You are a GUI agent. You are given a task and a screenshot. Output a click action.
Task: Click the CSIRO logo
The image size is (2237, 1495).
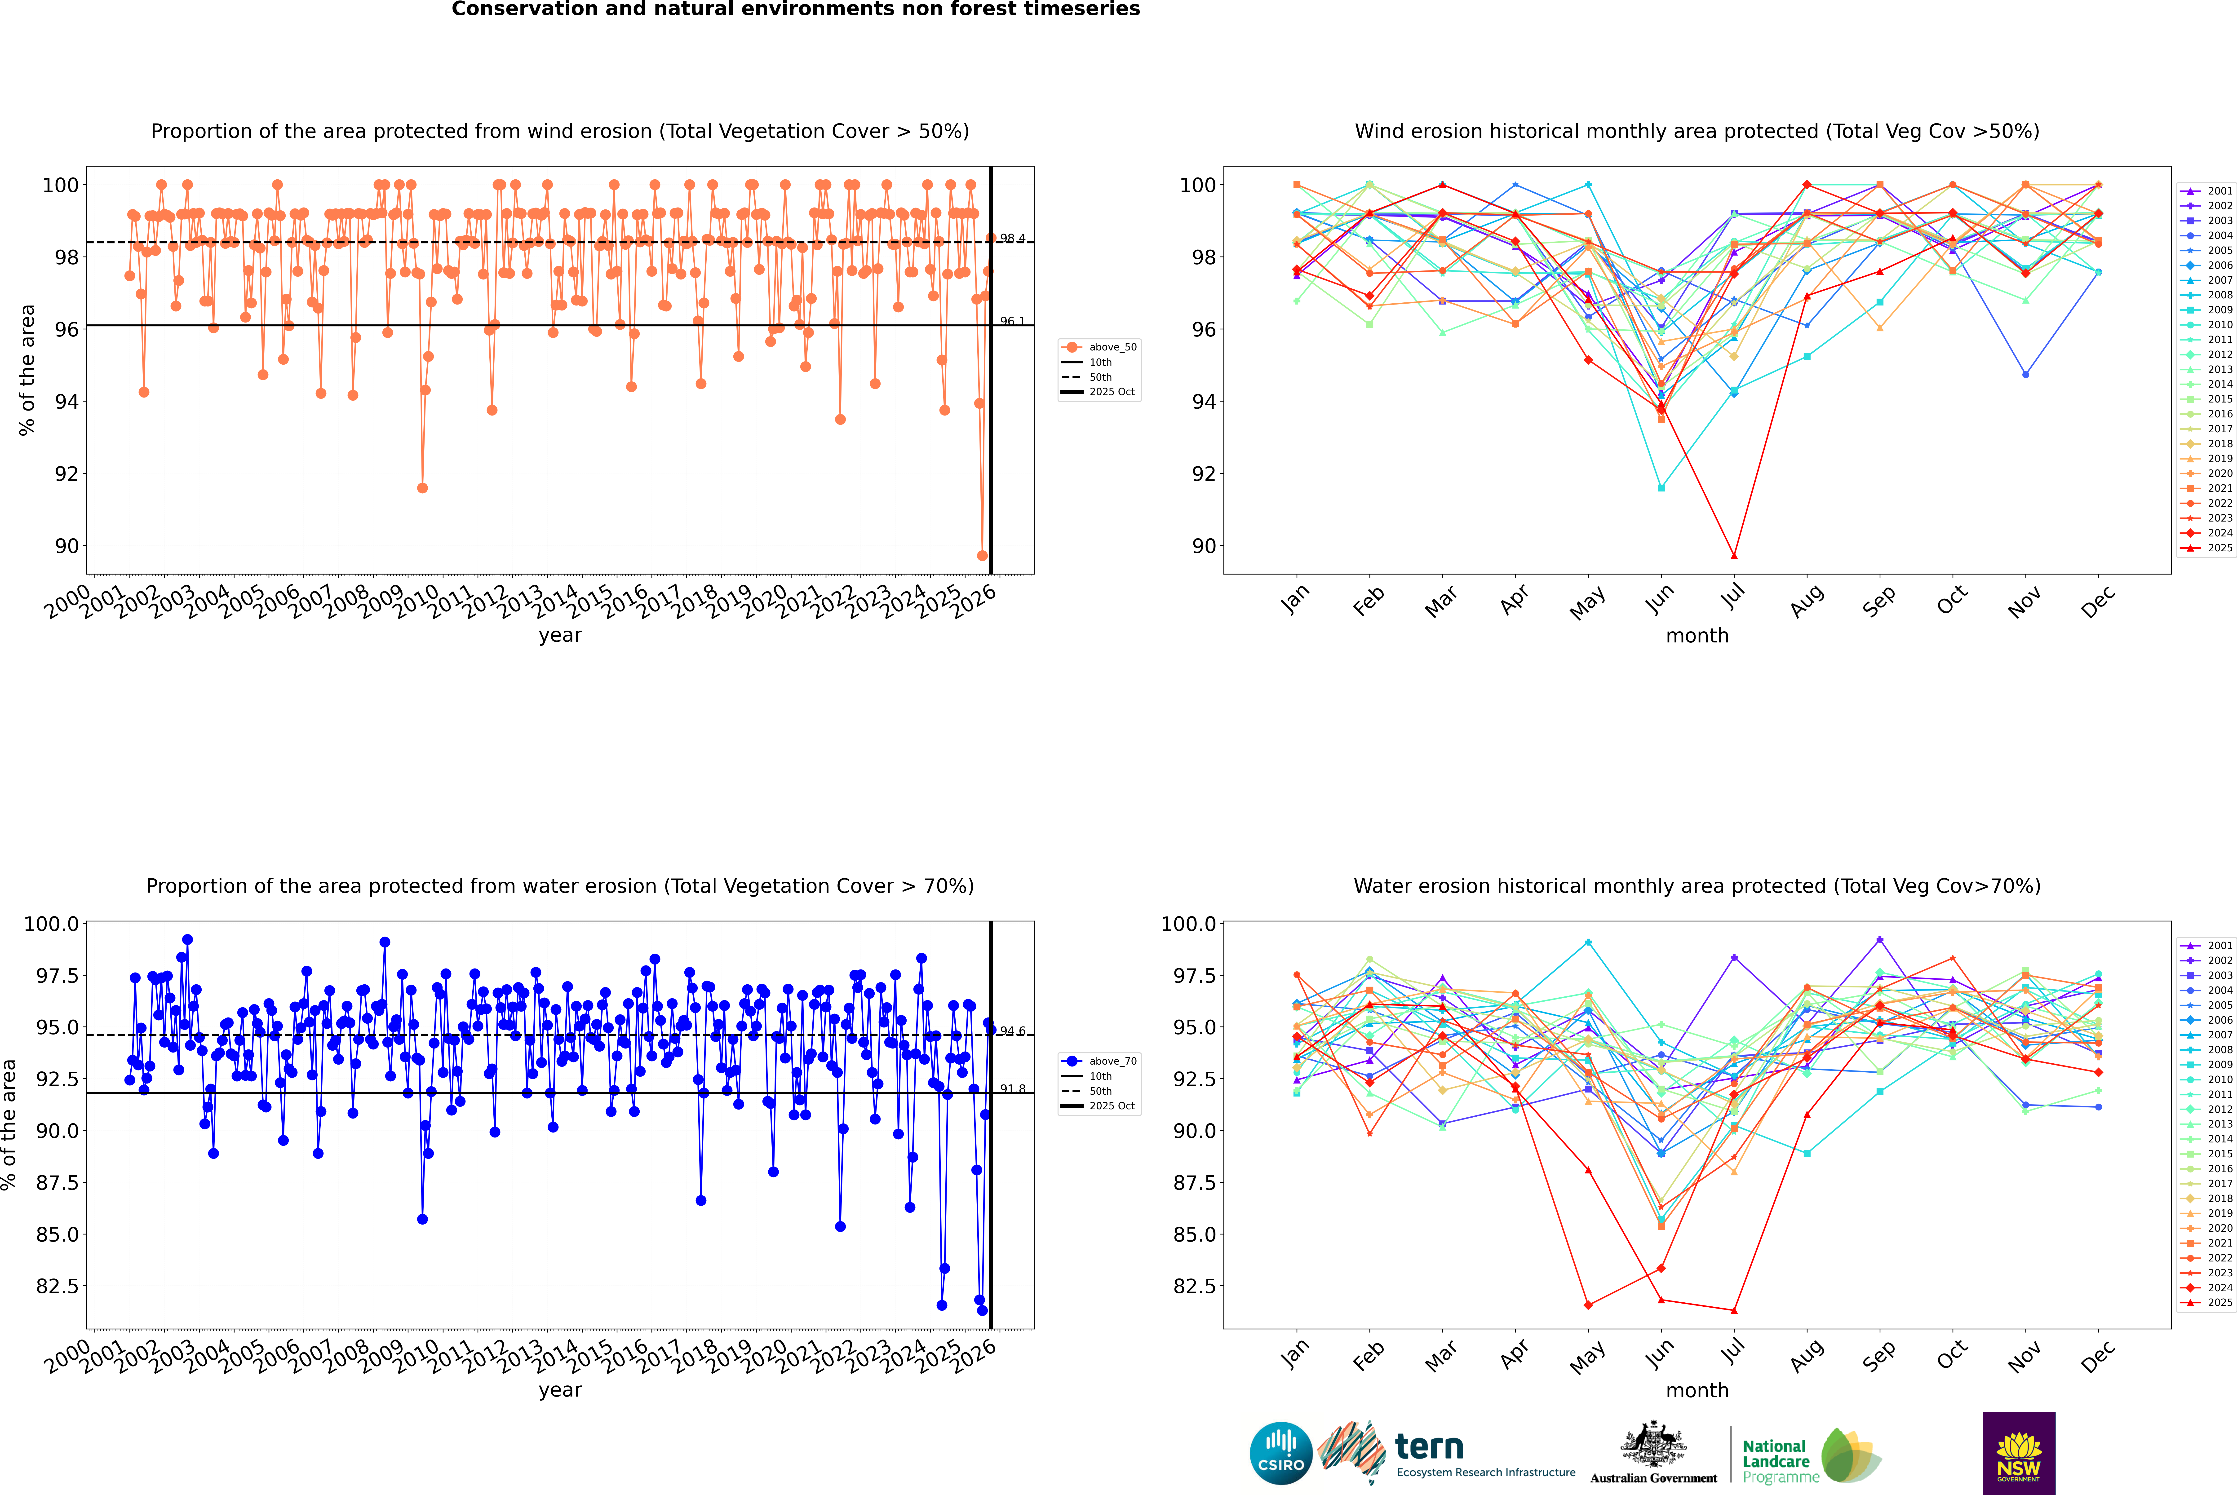pyautogui.click(x=1281, y=1453)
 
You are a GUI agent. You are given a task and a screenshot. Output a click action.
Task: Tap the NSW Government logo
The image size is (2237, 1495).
pyautogui.click(x=2019, y=1453)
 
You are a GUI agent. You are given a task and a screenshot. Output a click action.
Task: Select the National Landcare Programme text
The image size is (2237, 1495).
pyautogui.click(x=1776, y=1461)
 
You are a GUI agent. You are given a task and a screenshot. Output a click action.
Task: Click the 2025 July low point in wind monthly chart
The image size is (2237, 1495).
pyautogui.click(x=1733, y=556)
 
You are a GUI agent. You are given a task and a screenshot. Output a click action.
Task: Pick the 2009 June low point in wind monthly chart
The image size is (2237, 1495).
pyautogui.click(x=1661, y=488)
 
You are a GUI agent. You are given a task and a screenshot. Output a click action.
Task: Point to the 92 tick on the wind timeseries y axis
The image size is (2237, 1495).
pyautogui.click(x=67, y=474)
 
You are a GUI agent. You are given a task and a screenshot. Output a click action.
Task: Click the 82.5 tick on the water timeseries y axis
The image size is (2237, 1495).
pyautogui.click(x=57, y=1286)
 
